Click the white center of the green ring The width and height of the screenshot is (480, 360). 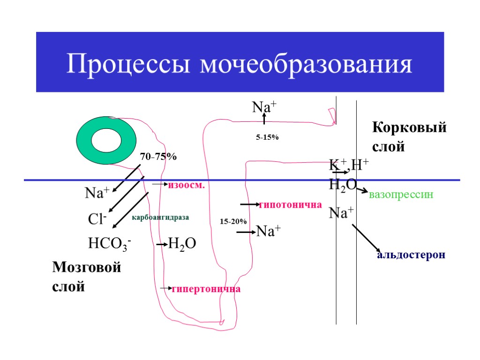pyautogui.click(x=106, y=141)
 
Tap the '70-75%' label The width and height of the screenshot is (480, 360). pyautogui.click(x=158, y=157)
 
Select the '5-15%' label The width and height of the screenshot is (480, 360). pyautogui.click(x=267, y=137)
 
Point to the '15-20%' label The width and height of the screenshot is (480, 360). pyautogui.click(x=233, y=221)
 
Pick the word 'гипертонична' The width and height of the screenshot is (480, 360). pyautogui.click(x=206, y=289)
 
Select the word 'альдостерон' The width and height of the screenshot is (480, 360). pyautogui.click(x=411, y=255)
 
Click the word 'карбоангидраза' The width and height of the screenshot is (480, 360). pyautogui.click(x=160, y=217)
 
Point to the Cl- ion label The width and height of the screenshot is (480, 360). pyautogui.click(x=97, y=219)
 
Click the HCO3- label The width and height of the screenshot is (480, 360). pyautogui.click(x=109, y=244)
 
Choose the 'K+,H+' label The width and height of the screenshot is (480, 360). pyautogui.click(x=349, y=165)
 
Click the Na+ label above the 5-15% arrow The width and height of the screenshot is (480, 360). pyautogui.click(x=263, y=107)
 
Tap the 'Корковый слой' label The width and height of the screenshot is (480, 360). pyautogui.click(x=409, y=136)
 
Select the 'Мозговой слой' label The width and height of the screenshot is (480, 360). pyautogui.click(x=87, y=277)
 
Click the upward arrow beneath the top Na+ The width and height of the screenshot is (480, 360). pyautogui.click(x=264, y=120)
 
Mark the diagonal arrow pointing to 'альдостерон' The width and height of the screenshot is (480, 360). pyautogui.click(x=366, y=238)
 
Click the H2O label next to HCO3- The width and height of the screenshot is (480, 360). pyautogui.click(x=182, y=244)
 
